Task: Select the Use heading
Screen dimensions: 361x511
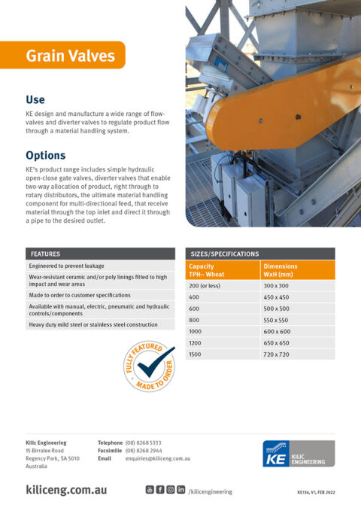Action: coord(35,99)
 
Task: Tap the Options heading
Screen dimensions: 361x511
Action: coord(45,156)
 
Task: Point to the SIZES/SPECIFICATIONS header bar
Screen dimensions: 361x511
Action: coord(259,254)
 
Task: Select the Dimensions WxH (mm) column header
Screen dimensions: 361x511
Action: coord(297,270)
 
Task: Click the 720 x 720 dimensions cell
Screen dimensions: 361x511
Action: coord(277,354)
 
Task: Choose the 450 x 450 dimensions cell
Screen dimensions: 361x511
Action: coord(277,297)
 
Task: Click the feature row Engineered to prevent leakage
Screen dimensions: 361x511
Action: coord(67,266)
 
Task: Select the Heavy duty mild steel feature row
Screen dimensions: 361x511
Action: coord(93,324)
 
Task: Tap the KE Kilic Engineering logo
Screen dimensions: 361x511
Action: coord(294,454)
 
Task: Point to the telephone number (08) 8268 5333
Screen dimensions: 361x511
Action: coord(143,443)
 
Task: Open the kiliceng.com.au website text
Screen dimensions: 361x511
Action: coord(66,490)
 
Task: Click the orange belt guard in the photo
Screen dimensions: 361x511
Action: coord(286,105)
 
